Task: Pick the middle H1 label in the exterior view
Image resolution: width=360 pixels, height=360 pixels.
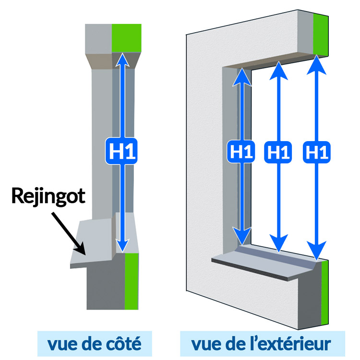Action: (278, 152)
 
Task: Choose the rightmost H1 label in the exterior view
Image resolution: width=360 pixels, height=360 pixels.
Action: (315, 152)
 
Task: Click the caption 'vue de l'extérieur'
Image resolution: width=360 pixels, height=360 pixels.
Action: (261, 343)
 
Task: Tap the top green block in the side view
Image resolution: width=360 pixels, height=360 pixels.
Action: (127, 37)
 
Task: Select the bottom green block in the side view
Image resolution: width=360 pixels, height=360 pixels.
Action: (132, 281)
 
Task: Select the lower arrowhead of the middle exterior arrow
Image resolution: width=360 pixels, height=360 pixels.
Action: (278, 243)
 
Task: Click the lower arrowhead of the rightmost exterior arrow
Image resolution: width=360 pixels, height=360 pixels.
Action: (315, 251)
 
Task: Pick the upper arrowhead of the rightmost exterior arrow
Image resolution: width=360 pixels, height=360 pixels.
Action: (315, 63)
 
